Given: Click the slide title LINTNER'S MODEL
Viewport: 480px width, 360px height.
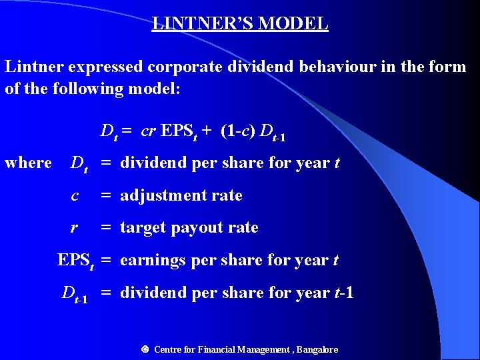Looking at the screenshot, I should tap(240, 24).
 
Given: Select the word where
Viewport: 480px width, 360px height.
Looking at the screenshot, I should tap(28, 163).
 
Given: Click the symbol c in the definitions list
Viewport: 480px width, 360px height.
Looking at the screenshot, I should tap(75, 195).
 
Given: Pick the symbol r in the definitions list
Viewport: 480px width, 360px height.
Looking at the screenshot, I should tap(75, 227).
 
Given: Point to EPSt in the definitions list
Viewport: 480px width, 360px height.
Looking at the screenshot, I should tap(75, 261).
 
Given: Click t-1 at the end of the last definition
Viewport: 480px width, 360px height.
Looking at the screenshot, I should tap(343, 293).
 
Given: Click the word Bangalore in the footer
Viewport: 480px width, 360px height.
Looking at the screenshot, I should tap(317, 349).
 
